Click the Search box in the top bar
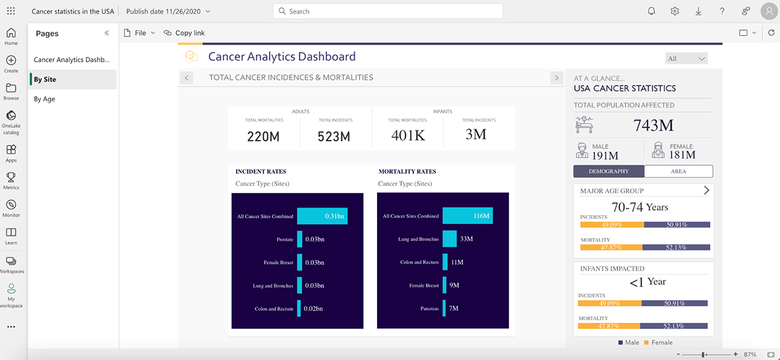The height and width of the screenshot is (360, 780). pos(388,11)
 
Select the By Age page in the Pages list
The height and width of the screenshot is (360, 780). pos(45,99)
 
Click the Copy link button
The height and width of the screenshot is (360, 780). pos(185,32)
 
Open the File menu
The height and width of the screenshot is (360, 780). pos(140,32)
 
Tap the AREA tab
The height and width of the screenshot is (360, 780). pos(679,172)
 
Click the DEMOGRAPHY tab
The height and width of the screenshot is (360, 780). pos(609,172)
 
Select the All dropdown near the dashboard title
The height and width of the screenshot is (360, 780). pos(686,58)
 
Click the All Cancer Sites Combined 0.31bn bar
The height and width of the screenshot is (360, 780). pos(322,216)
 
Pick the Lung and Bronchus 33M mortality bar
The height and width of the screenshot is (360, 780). pos(450,239)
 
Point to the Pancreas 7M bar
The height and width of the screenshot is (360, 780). pos(445,308)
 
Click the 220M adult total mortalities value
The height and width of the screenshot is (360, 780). pos(263,136)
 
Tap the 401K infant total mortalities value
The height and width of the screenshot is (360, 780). pos(408,135)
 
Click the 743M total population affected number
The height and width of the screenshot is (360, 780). pos(653,125)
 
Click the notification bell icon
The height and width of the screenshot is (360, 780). pos(652,11)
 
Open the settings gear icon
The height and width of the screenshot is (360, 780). pos(675,11)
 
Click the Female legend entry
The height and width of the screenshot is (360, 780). pos(658,342)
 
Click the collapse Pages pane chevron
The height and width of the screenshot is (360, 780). pos(107,33)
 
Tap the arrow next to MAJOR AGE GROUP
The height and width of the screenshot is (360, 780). pos(707,190)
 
